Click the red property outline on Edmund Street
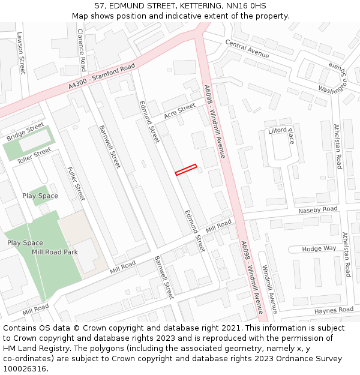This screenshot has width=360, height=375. coord(186,170)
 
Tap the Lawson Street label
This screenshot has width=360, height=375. coord(21,53)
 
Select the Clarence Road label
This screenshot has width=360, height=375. coord(82,50)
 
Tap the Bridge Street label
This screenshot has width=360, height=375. coord(25,132)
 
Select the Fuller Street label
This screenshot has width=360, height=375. coord(76,184)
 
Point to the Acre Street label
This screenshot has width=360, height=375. coord(179,111)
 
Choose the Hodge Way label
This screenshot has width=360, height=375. coord(319,248)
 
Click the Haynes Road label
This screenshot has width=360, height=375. coord(334,310)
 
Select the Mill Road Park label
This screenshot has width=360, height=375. coord(55,252)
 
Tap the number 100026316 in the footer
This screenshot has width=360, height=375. coord(25,368)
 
